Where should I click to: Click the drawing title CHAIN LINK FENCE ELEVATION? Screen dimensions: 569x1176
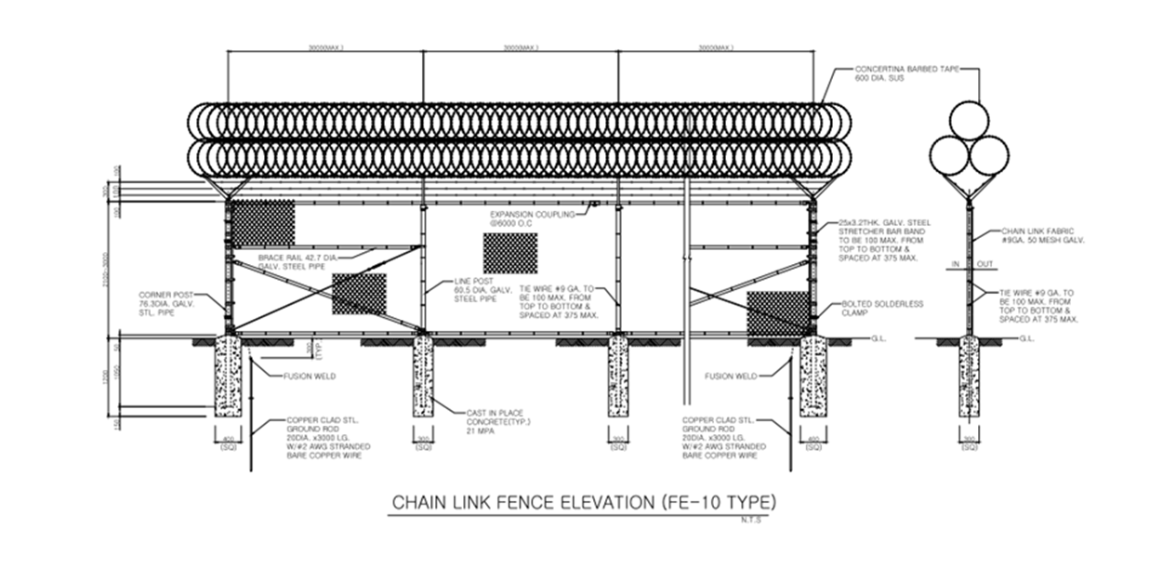pyautogui.click(x=583, y=503)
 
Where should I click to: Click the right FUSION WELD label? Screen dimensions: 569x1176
pyautogui.click(x=732, y=377)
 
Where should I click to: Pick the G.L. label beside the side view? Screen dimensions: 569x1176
pyautogui.click(x=1026, y=339)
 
